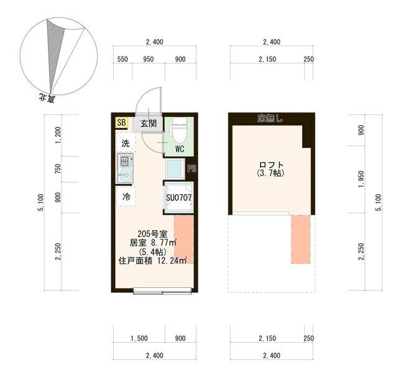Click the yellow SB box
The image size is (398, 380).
click(x=122, y=123)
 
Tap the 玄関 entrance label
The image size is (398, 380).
click(x=149, y=124)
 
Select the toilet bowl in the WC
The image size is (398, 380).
click(x=178, y=130)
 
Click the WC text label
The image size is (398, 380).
click(x=180, y=149)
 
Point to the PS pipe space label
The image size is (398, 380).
click(x=192, y=169)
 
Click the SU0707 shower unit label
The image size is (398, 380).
click(x=178, y=198)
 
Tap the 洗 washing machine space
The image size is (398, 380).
click(x=126, y=144)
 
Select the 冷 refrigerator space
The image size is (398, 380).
click(x=126, y=196)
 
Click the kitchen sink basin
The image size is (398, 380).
click(x=126, y=175)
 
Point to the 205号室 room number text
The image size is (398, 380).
click(x=152, y=234)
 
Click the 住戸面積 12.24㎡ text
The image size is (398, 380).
click(x=152, y=261)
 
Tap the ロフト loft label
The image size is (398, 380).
click(x=271, y=165)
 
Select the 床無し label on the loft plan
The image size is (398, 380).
click(x=270, y=119)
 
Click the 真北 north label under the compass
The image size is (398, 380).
click(x=47, y=98)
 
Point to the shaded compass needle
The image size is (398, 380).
click(x=55, y=51)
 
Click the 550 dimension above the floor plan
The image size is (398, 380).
click(x=123, y=59)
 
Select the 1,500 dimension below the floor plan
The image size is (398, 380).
click(x=139, y=338)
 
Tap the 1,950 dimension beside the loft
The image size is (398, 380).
click(x=361, y=179)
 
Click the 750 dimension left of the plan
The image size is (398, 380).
click(x=58, y=169)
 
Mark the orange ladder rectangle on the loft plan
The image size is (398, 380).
click(x=300, y=239)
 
